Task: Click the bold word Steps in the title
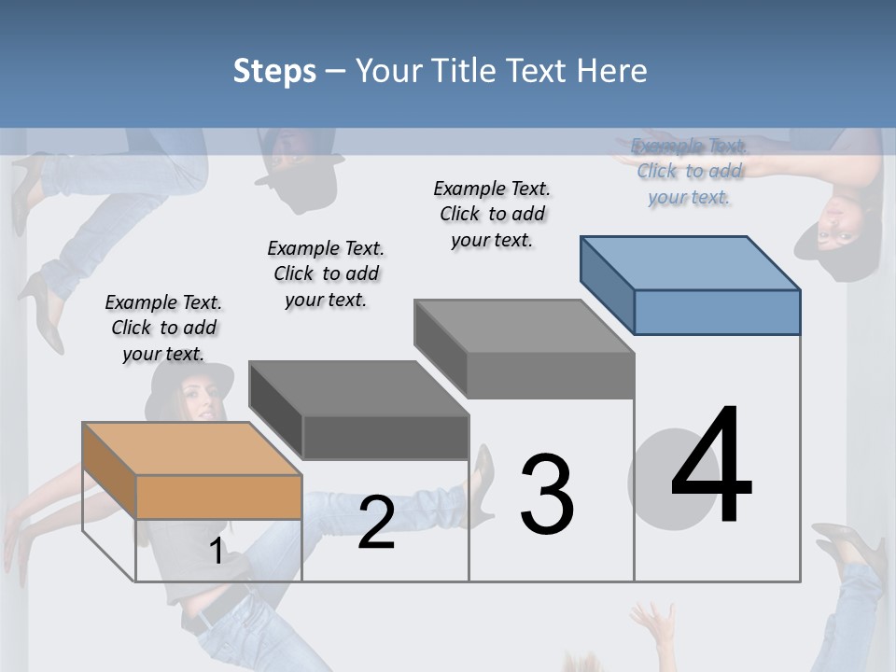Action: [274, 71]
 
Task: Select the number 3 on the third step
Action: [547, 495]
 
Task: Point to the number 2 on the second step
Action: [376, 523]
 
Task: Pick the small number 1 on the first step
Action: [216, 552]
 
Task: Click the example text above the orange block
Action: [163, 328]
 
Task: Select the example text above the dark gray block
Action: [326, 273]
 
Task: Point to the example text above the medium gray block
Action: [492, 214]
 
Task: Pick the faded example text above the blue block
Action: [689, 171]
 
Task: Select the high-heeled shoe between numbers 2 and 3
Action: [483, 476]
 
